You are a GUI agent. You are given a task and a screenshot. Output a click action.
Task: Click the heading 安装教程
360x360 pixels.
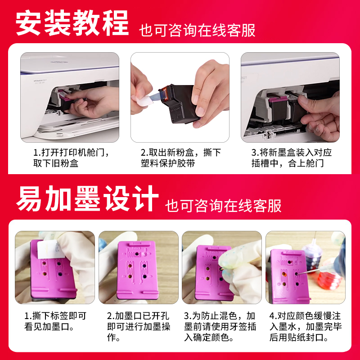click(72, 22)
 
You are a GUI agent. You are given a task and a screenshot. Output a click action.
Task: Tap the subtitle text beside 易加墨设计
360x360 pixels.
click(223, 206)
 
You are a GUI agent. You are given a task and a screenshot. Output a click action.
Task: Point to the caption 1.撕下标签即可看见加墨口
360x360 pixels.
click(55, 321)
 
